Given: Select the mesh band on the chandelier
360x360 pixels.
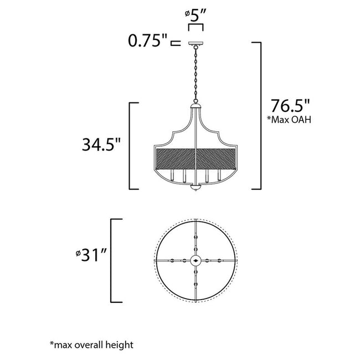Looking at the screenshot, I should coord(194,159).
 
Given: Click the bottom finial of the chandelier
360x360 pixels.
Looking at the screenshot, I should coord(194,190).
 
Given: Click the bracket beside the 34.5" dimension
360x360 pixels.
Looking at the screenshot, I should coord(131,146).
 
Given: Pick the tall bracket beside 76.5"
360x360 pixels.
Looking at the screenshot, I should coord(257,115).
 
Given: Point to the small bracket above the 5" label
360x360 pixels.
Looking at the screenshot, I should coord(194,26).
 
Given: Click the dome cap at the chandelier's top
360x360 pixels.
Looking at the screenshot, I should coord(194,107).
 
